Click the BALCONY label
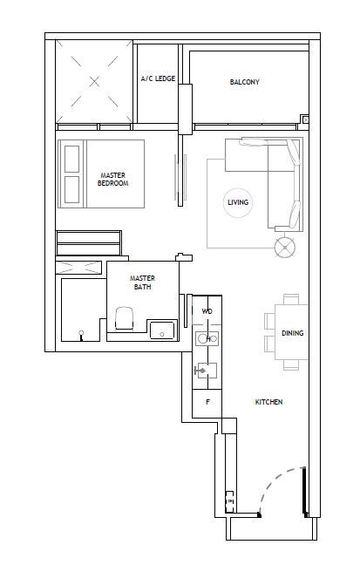click(x=244, y=82)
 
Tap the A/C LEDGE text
click(x=158, y=78)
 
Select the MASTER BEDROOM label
click(x=112, y=179)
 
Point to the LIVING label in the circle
click(x=238, y=202)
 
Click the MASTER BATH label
click(x=142, y=282)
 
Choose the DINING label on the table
click(x=292, y=333)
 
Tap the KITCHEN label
click(x=268, y=402)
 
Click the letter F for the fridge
click(x=207, y=402)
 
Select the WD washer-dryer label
click(x=207, y=311)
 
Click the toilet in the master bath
click(x=125, y=317)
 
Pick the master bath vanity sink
click(x=162, y=330)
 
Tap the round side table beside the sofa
click(x=285, y=248)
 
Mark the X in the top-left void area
click(x=94, y=82)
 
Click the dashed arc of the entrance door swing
click(x=272, y=481)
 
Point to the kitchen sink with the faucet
click(x=207, y=371)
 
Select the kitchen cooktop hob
click(x=207, y=338)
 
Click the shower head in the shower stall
click(x=81, y=335)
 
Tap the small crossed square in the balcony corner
click(x=306, y=119)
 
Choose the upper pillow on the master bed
click(x=71, y=159)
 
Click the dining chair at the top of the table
click(x=291, y=299)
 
